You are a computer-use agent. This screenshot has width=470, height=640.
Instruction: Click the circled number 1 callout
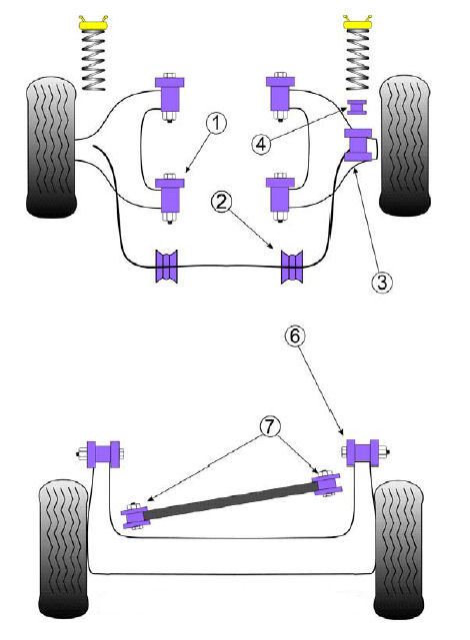[217, 124]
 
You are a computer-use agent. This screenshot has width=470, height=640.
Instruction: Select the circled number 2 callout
[222, 202]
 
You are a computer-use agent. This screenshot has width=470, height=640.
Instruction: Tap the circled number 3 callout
[382, 282]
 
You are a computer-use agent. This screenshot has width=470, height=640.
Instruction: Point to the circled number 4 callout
[261, 144]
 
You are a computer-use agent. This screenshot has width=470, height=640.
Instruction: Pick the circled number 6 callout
[295, 335]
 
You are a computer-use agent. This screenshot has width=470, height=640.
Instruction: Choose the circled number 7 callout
[270, 427]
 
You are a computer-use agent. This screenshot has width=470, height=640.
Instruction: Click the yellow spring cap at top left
[93, 23]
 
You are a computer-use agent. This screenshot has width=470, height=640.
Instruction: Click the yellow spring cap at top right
[358, 22]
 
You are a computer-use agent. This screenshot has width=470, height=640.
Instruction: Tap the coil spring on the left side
[94, 60]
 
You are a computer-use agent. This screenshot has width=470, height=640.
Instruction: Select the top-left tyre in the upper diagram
[51, 147]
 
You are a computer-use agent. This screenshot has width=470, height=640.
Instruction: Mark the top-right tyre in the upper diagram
[405, 146]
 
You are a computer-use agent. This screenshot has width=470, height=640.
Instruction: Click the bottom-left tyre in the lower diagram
[64, 549]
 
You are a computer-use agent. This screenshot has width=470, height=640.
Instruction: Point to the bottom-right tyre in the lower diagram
[398, 550]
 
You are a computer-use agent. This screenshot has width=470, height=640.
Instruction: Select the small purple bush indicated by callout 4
[357, 107]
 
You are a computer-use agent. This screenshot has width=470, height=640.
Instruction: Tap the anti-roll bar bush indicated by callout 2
[292, 267]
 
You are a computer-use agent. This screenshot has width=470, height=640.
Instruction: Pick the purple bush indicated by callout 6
[363, 452]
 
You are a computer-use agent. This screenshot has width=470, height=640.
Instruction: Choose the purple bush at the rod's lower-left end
[135, 517]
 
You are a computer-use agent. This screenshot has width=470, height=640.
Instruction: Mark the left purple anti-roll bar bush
[167, 267]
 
